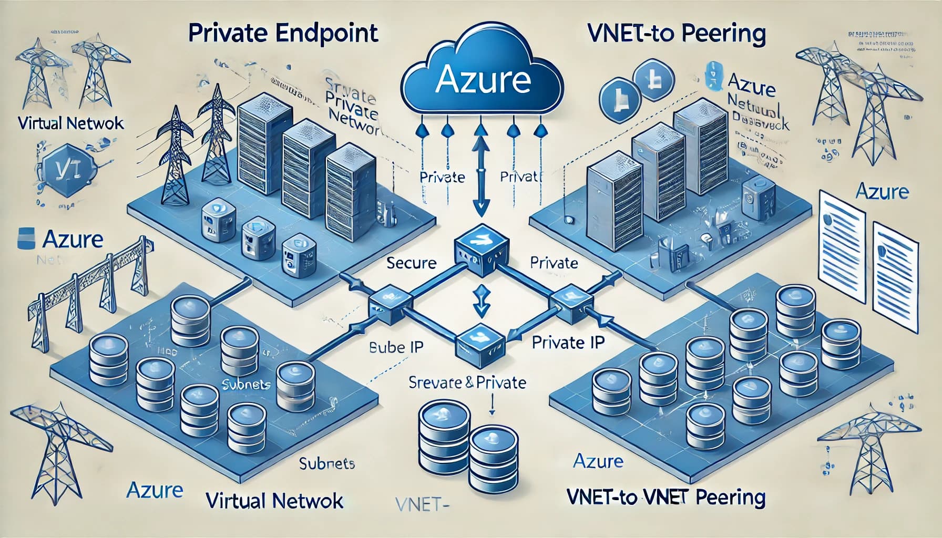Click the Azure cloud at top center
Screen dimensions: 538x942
[x=482, y=79]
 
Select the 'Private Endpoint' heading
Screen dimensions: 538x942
[x=283, y=33]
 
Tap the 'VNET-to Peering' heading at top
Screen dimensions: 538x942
[x=677, y=34]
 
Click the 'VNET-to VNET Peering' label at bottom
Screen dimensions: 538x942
[x=667, y=496]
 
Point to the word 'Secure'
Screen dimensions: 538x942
[x=411, y=263]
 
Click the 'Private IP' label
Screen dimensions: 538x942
[x=568, y=343]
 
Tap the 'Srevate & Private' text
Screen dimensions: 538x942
[x=467, y=382]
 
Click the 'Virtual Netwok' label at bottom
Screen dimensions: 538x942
[x=274, y=501]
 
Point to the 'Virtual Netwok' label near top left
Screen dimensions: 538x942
[x=71, y=123]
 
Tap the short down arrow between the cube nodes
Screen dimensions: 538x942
[x=481, y=301]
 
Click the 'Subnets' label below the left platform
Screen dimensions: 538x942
[x=326, y=464]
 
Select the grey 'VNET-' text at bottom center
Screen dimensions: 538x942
[x=420, y=505]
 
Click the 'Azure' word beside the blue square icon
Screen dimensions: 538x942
[x=72, y=240]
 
